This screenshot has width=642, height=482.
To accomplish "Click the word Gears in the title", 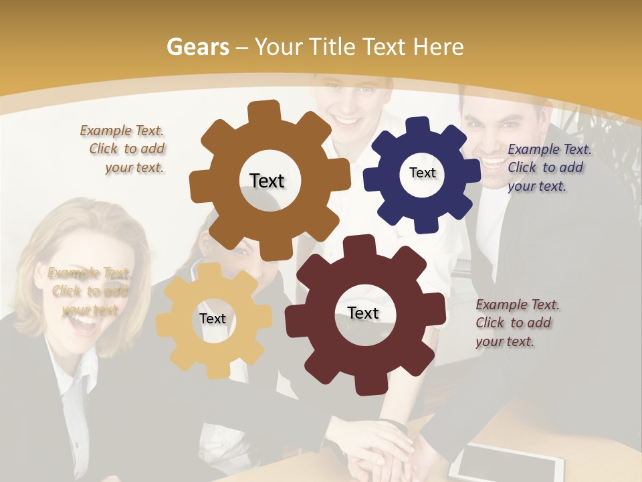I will (197, 46).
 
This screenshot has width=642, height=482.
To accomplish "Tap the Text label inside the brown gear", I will (267, 181).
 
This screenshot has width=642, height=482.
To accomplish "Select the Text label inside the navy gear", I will (422, 173).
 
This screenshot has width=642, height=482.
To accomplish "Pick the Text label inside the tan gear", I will (213, 319).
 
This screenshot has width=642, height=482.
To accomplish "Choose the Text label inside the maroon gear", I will (363, 313).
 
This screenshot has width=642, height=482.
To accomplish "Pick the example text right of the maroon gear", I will (515, 323).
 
